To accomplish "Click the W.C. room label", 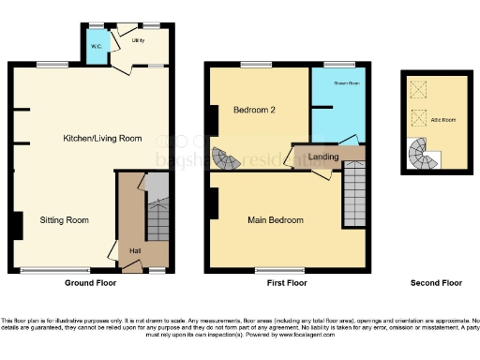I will pos(97,45).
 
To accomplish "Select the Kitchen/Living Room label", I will pos(102,139).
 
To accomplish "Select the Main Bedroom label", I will pos(276,220).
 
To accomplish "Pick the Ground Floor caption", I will pos(90,282).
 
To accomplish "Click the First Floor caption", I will pos(286,282).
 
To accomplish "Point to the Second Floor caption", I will pos(437,282).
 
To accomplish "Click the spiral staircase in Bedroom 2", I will pos(226,158).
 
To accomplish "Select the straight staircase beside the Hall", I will pos(157,216).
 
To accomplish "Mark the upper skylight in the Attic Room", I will pos(417,89).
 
